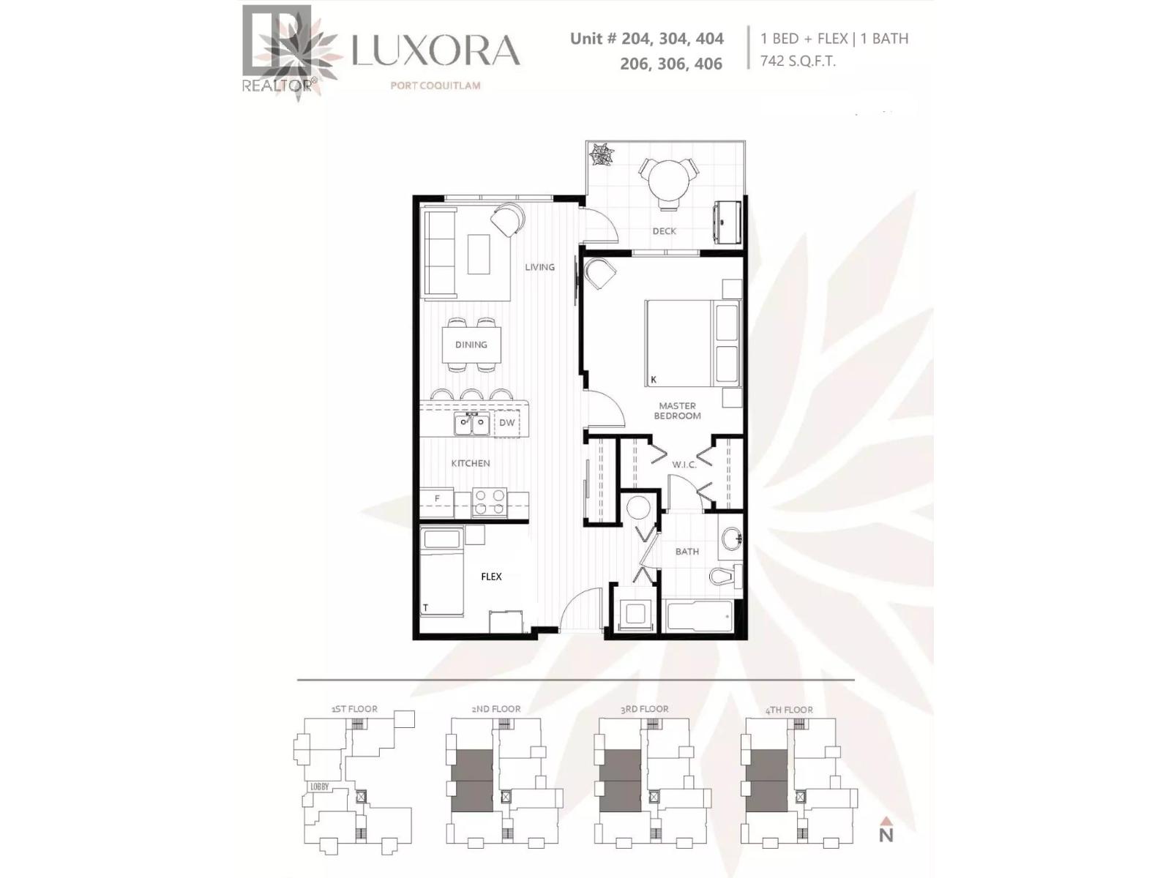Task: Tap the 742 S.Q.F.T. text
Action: coord(798,61)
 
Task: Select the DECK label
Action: coord(664,231)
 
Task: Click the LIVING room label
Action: coord(539,267)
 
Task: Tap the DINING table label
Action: coord(471,345)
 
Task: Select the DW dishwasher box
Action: coord(507,423)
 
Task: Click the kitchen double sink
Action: coord(471,424)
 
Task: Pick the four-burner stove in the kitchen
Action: coord(490,502)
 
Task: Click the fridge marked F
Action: coord(437,500)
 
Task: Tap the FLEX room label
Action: coord(491,577)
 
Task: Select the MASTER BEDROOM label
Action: coord(677,410)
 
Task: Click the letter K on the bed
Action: coord(654,380)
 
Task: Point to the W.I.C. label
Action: coord(684,465)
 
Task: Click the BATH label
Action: coord(686,552)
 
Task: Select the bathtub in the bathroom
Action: coord(700,616)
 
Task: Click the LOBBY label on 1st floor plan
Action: coord(320,787)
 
